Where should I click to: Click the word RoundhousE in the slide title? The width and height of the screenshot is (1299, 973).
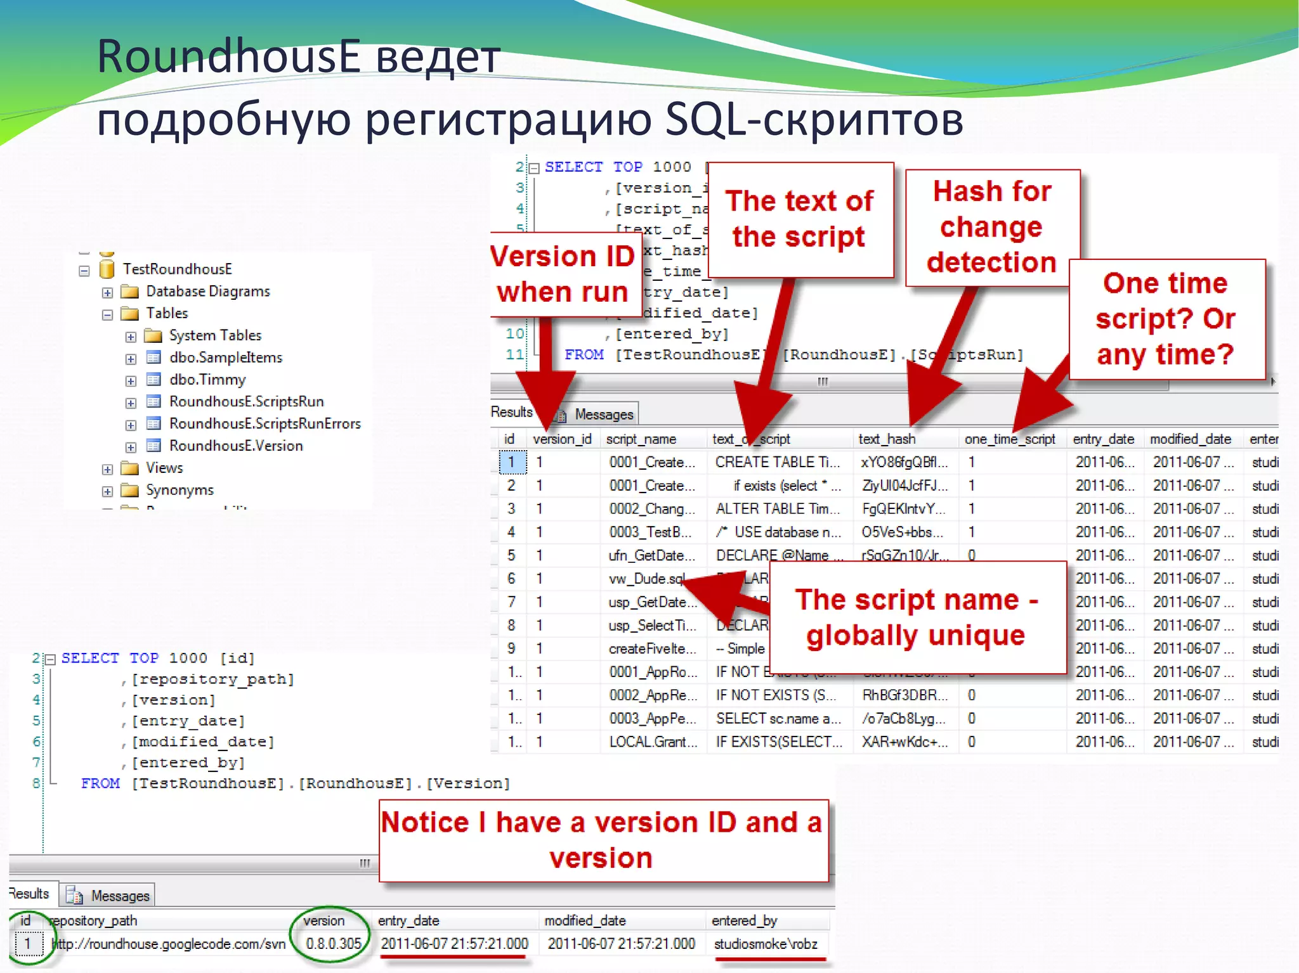click(228, 57)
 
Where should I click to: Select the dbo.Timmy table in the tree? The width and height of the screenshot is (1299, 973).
click(207, 380)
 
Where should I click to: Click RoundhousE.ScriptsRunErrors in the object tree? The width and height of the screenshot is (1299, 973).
click(264, 423)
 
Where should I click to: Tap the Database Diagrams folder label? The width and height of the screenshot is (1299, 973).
click(207, 292)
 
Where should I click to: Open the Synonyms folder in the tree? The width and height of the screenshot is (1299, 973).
click(180, 490)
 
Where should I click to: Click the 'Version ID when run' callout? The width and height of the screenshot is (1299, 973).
click(563, 274)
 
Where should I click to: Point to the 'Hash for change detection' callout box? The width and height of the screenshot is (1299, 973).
click(992, 227)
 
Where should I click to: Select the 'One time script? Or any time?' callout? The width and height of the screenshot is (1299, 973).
click(1166, 319)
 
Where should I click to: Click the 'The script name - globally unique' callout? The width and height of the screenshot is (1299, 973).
click(916, 617)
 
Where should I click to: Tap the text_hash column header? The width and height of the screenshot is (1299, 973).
click(887, 439)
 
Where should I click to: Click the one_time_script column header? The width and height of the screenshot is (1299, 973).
click(1010, 439)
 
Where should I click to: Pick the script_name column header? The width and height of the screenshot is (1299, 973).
click(641, 439)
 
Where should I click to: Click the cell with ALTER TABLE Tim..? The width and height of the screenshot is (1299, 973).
click(777, 509)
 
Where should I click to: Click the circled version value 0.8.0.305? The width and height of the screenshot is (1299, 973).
click(333, 944)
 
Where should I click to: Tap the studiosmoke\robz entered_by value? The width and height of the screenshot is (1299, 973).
click(766, 944)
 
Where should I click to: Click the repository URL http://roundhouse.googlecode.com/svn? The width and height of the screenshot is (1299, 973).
click(168, 944)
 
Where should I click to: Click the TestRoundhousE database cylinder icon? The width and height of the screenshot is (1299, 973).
click(107, 269)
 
